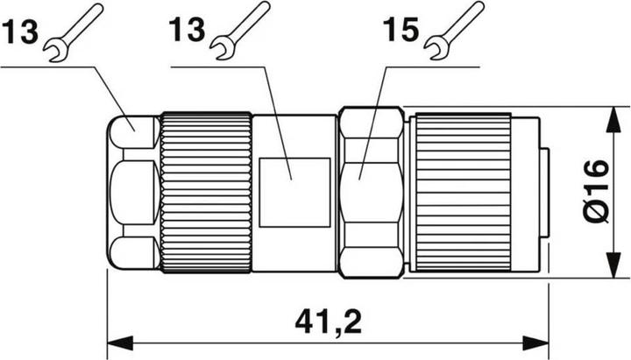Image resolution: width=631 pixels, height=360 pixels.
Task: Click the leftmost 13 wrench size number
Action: pos(19,32)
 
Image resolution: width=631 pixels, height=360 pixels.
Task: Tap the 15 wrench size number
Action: pos(401,32)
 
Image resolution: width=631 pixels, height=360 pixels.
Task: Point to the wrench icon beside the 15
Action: pos(453,26)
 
